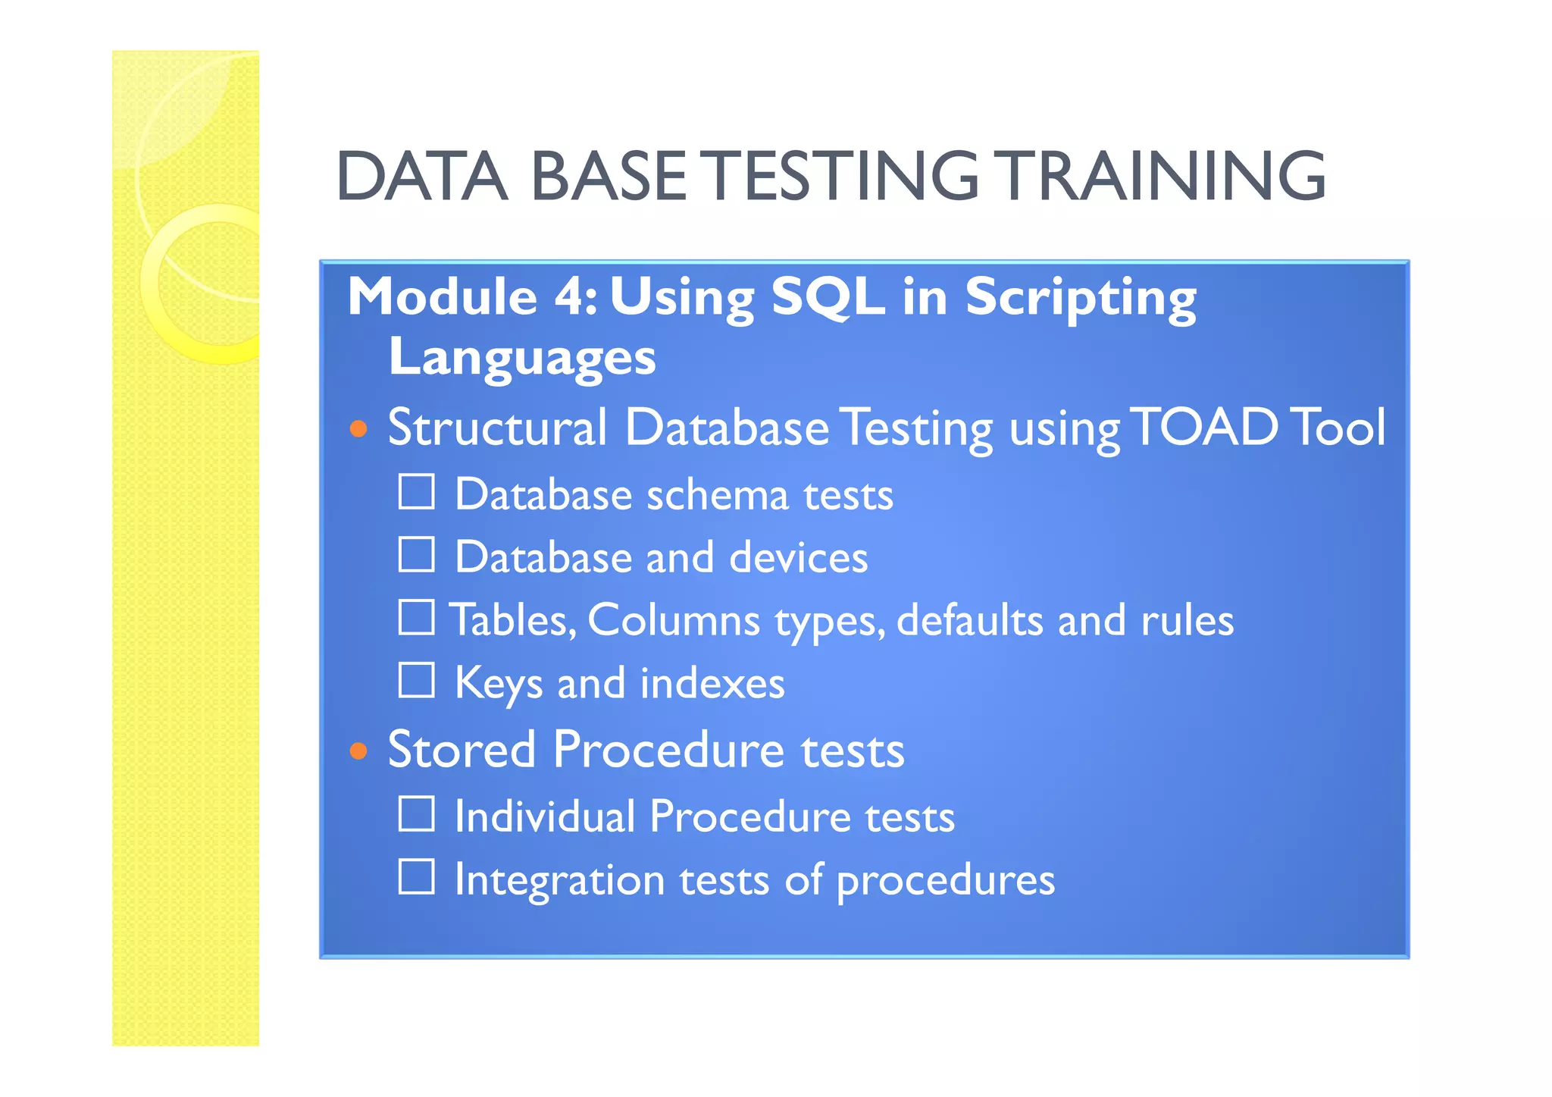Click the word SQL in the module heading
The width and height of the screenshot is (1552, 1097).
[827, 297]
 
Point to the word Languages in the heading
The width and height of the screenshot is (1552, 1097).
[521, 358]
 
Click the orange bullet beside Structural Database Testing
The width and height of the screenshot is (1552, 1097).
[358, 430]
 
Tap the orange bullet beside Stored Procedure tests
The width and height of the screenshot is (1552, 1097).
[358, 751]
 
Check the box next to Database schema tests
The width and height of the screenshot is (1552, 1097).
[417, 492]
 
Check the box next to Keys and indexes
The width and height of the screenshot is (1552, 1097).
[417, 680]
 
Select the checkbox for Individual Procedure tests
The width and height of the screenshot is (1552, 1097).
[417, 814]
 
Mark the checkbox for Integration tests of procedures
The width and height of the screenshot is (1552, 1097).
[417, 877]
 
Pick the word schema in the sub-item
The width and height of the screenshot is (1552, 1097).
[717, 495]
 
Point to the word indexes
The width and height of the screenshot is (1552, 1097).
[712, 683]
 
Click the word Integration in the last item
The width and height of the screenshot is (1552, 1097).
[559, 880]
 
